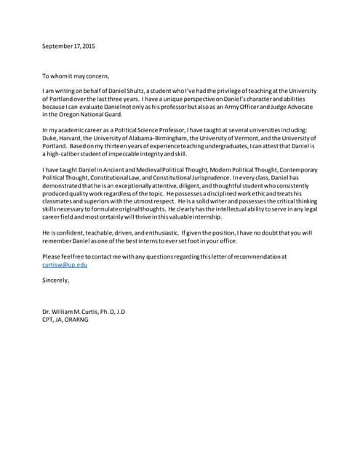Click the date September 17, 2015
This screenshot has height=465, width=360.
click(68, 46)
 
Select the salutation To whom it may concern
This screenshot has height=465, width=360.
click(76, 76)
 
